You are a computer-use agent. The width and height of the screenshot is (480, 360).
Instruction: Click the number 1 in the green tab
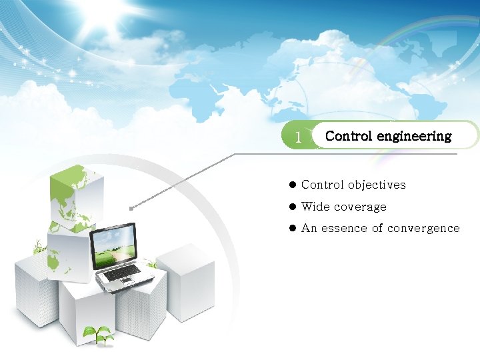click(x=299, y=137)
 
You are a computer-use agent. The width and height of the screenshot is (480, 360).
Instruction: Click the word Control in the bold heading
click(x=349, y=136)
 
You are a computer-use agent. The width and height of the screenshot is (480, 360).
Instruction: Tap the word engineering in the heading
click(x=414, y=137)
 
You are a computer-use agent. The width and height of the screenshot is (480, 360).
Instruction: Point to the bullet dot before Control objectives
click(x=292, y=185)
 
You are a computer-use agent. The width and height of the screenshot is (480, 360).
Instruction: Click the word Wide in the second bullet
click(x=315, y=207)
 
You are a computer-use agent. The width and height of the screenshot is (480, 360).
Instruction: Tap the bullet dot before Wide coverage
click(x=292, y=207)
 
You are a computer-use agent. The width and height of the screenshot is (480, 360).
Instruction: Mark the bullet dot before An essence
click(x=292, y=228)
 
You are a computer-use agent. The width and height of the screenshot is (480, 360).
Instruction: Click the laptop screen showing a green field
click(x=113, y=244)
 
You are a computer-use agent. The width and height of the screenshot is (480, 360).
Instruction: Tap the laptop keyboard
click(x=124, y=272)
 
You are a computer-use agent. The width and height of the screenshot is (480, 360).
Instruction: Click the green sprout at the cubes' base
click(x=98, y=335)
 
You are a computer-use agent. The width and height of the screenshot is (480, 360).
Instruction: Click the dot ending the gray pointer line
click(x=132, y=208)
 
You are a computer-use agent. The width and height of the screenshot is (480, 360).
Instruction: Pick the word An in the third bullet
click(x=309, y=228)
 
